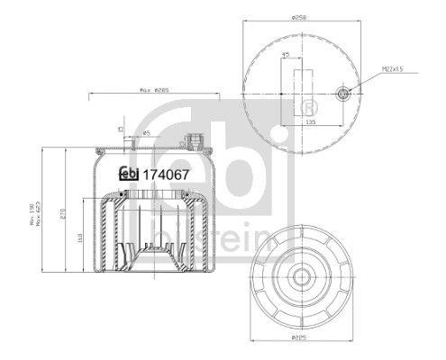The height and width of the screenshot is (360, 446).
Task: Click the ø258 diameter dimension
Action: pyautogui.click(x=300, y=18)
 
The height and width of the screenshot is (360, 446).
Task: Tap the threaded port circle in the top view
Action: pyautogui.click(x=343, y=93)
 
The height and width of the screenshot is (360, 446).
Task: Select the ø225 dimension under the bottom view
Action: pyautogui.click(x=301, y=339)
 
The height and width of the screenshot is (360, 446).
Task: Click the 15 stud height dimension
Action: pyautogui.click(x=119, y=130)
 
